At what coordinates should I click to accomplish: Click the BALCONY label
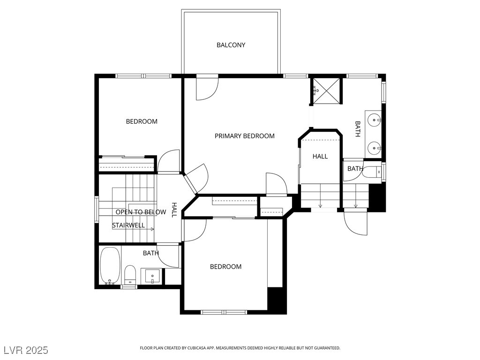coord(231,45)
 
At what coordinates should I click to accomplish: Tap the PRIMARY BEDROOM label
coord(245,136)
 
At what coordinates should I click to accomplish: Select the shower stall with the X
coord(327,91)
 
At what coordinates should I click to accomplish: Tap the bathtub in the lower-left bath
coord(110,266)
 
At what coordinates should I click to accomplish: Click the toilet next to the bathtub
coord(130,275)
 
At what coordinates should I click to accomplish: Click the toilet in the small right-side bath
coord(372,172)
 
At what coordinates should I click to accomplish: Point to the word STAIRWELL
coord(128,225)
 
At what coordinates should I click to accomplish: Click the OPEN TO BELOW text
coord(141,212)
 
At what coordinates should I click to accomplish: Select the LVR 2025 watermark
coord(26,350)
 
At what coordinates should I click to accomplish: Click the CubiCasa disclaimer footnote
coord(240,348)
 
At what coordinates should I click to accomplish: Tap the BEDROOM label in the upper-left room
coord(142,121)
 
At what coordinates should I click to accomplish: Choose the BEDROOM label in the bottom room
coord(225,267)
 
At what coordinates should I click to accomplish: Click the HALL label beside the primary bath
coord(320,157)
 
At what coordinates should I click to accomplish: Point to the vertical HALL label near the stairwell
coord(174,210)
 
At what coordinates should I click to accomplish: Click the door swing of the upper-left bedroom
coord(168,161)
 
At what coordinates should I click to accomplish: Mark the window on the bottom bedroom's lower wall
coord(224,312)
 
